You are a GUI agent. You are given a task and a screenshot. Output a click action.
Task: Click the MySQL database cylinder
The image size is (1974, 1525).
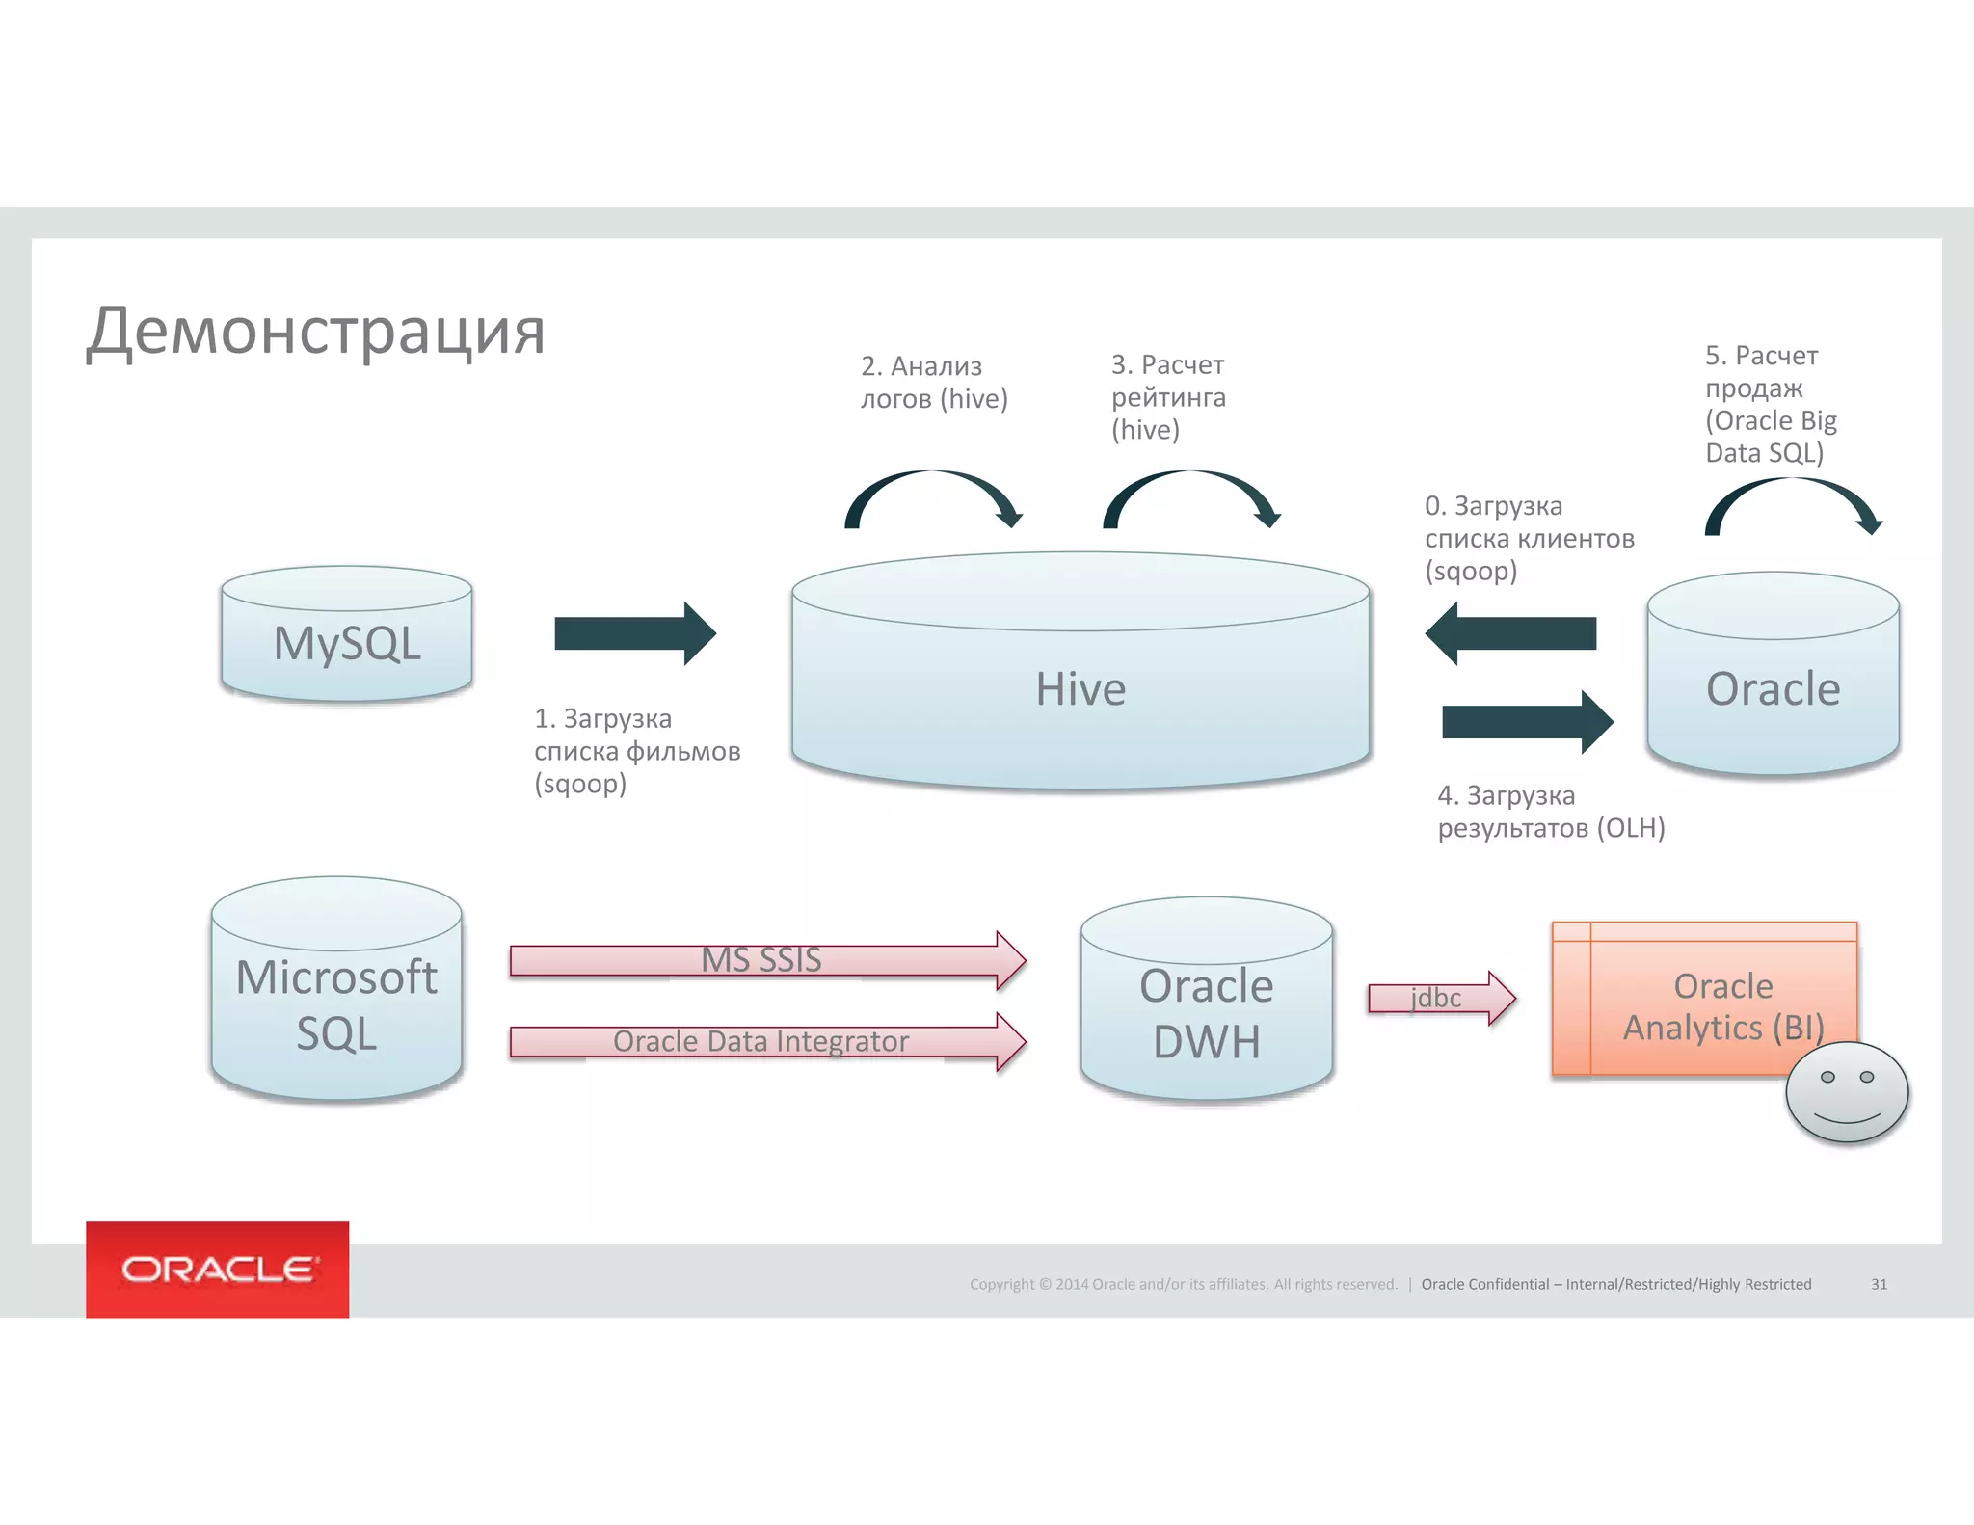347,636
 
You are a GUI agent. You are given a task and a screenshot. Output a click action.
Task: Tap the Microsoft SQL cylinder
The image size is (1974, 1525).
336,993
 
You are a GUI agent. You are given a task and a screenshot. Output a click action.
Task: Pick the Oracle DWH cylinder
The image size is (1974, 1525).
1207,1003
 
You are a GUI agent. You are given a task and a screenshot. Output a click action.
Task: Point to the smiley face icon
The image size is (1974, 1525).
1847,1092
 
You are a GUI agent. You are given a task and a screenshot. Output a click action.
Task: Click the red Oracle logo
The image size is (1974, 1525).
218,1269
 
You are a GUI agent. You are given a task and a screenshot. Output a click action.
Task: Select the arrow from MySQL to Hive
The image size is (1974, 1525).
635,633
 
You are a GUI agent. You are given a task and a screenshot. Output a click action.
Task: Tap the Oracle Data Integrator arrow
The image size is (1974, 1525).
767,1042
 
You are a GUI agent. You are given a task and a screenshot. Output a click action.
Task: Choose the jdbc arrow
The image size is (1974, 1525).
1442,999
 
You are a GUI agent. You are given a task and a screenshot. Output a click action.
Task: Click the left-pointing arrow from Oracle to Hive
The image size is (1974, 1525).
1510,633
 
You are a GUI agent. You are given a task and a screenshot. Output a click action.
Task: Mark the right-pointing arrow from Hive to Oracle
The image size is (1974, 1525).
1528,721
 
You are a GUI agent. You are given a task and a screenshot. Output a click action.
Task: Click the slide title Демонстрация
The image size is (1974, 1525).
316,331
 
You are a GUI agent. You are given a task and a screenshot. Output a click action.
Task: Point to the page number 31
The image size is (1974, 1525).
1879,1284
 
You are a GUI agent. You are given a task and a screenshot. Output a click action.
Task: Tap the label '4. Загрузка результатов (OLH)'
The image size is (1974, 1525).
1551,812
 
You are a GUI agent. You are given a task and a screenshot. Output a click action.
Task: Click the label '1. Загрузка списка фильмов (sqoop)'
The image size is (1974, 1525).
637,751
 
